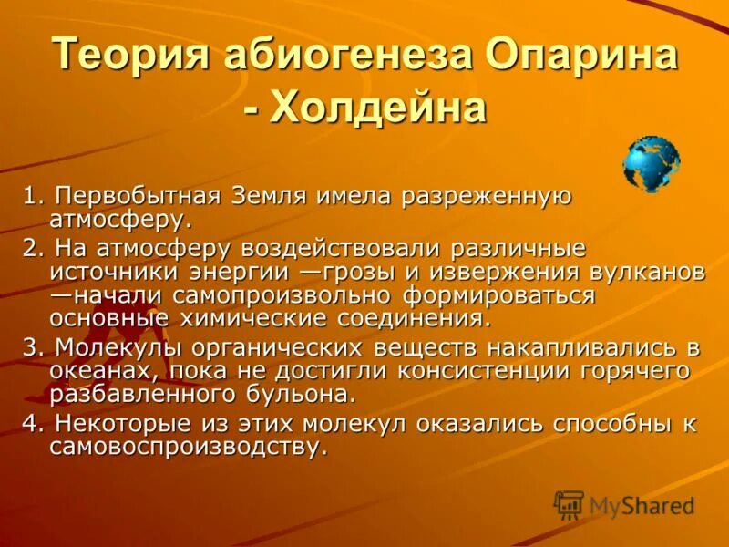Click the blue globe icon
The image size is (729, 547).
(x=651, y=163)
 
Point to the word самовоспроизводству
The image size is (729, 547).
(x=188, y=448)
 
